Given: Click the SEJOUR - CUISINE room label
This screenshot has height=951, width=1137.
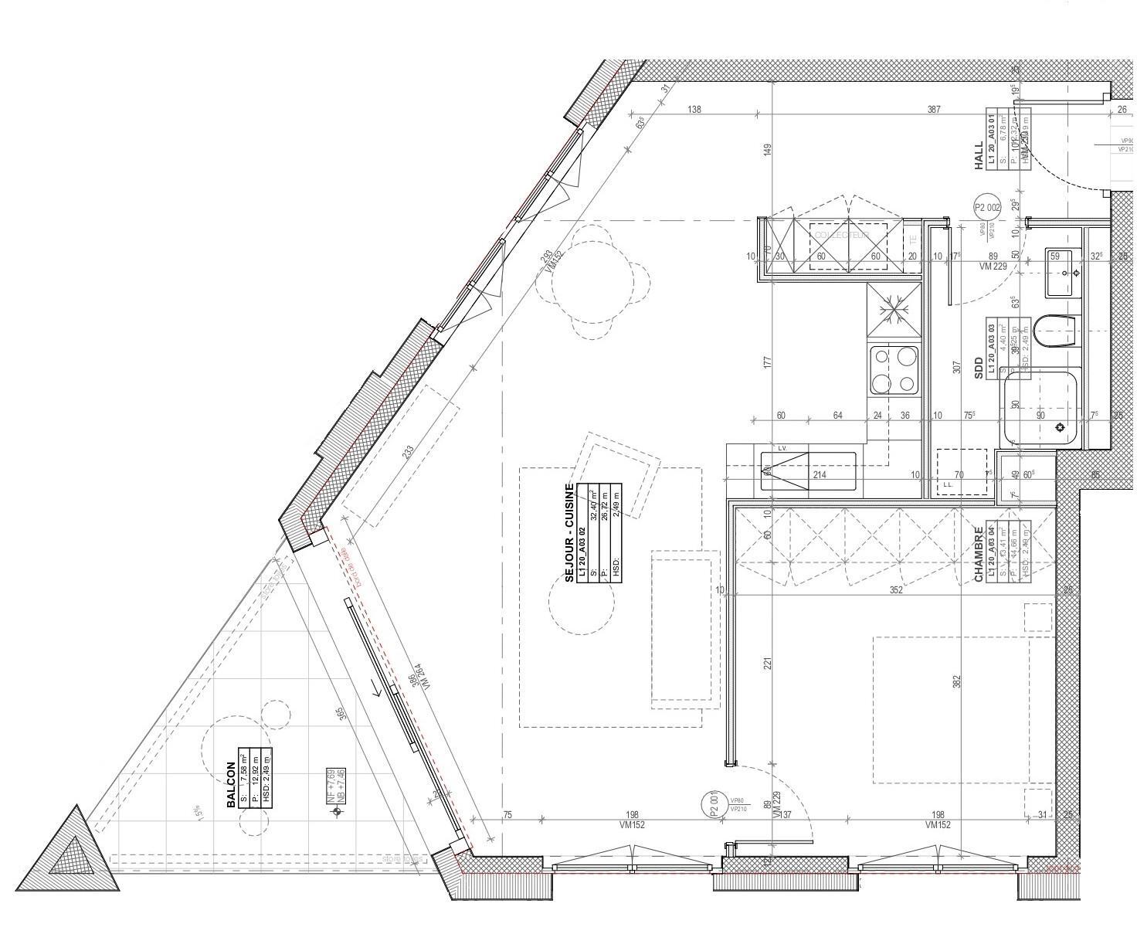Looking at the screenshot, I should [x=570, y=533].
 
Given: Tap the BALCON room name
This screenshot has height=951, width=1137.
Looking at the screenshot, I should [x=231, y=785].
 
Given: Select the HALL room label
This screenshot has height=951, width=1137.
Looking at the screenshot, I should [x=979, y=155].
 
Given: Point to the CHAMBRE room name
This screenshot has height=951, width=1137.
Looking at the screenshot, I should [x=979, y=555].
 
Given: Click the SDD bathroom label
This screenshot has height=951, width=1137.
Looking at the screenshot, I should [x=979, y=368].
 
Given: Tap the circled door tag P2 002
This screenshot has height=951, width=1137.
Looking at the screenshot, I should [x=987, y=208].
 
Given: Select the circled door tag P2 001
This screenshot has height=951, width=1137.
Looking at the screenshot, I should [x=714, y=804].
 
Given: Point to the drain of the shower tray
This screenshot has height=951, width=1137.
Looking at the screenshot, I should [x=1061, y=427].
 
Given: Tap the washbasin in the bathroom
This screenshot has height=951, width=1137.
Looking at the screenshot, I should [x=1064, y=272].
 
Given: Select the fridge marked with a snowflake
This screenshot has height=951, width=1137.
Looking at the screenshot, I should [x=894, y=311].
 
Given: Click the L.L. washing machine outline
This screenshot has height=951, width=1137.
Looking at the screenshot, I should [x=961, y=472].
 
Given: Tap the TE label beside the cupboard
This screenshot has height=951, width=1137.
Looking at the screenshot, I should [x=912, y=238].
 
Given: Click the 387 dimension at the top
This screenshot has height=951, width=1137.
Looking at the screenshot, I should [x=935, y=110].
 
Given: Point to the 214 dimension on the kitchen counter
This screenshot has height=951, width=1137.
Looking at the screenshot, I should [x=819, y=474].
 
